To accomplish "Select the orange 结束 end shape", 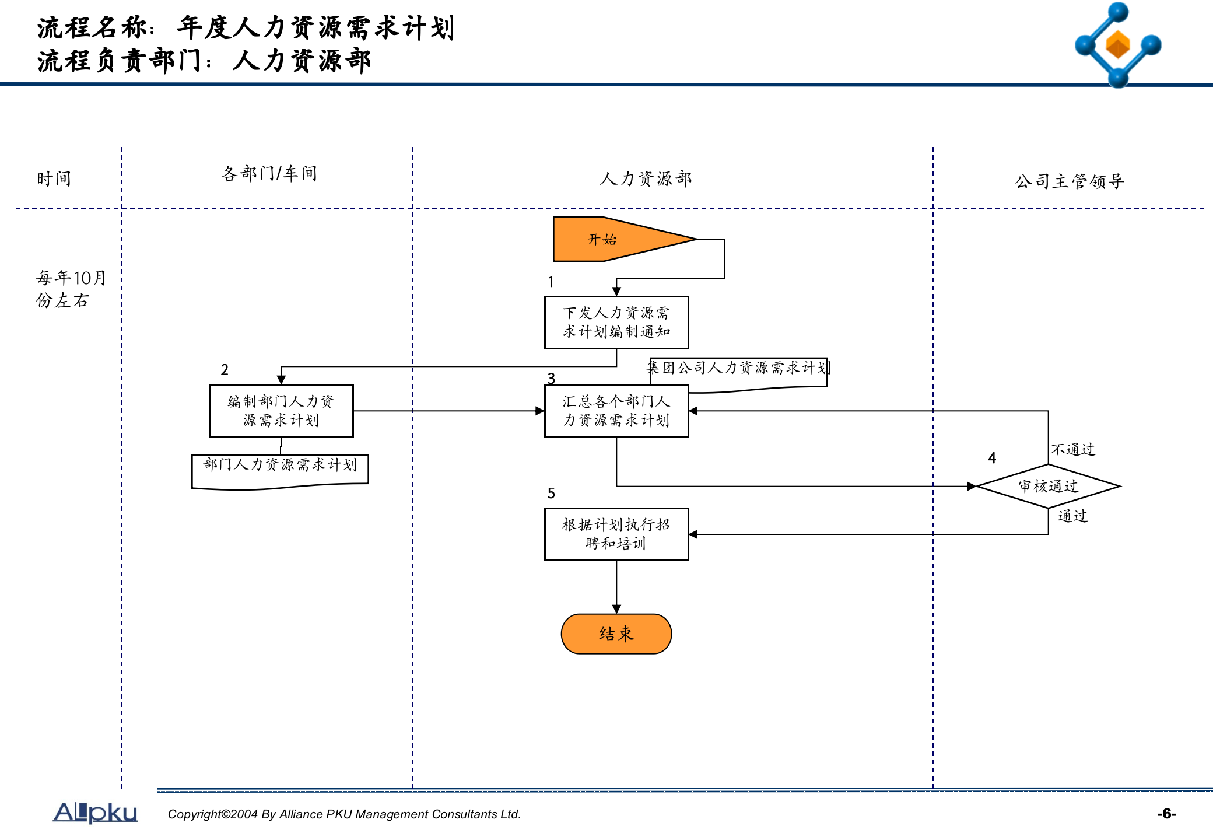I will click(616, 633).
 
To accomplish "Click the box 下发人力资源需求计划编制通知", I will click(616, 323).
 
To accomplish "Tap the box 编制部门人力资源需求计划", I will click(281, 411).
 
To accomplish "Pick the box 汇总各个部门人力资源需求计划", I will click(616, 411).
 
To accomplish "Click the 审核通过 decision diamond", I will click(1048, 486).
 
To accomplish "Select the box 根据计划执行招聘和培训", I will click(616, 534).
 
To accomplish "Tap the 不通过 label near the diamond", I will click(1073, 449).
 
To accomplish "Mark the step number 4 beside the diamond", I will click(992, 458).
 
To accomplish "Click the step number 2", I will click(225, 370).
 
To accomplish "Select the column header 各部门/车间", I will click(269, 173).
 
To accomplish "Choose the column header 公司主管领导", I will click(1070, 181).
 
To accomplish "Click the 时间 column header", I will click(54, 178).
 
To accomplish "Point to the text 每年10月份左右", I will click(70, 289).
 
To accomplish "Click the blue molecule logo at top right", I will click(1117, 44).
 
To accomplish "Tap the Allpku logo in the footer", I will click(95, 812).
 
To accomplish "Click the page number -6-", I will click(1166, 814).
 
